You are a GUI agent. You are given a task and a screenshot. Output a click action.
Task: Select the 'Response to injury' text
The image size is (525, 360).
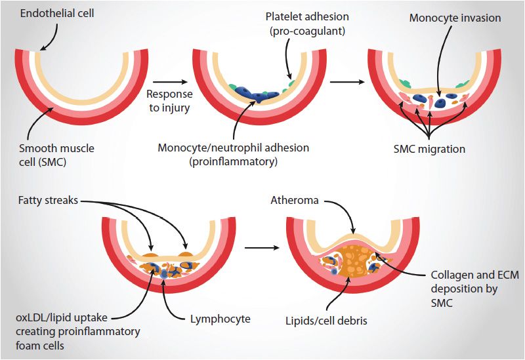tap(169, 100)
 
